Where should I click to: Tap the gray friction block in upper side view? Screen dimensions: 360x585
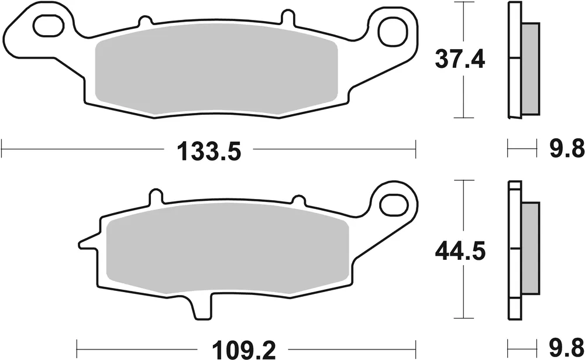529,68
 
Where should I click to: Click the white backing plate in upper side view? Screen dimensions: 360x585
514,59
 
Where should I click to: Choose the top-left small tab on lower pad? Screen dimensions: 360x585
154,196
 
